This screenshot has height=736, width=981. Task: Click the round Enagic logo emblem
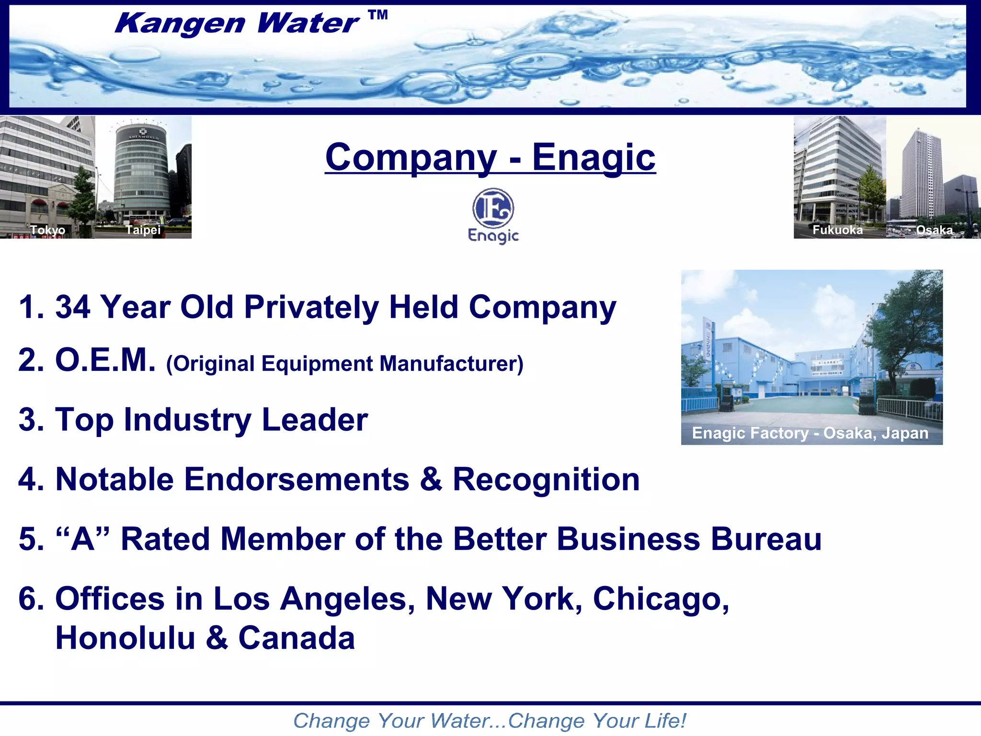[493, 208]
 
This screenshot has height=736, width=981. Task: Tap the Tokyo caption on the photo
[48, 230]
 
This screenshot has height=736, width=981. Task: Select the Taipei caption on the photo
[143, 230]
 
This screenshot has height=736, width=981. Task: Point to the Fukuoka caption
[837, 230]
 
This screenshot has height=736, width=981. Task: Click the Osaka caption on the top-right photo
[934, 230]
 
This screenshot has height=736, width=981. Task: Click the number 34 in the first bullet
[73, 307]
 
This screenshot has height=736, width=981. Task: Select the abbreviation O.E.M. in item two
[105, 360]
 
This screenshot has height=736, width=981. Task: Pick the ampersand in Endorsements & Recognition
[431, 479]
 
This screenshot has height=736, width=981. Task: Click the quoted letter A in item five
[83, 539]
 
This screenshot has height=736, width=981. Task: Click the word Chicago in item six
[661, 599]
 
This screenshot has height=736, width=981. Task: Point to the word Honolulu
[125, 638]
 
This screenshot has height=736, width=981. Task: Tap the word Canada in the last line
[297, 638]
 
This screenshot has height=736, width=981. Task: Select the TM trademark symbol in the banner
[378, 15]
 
